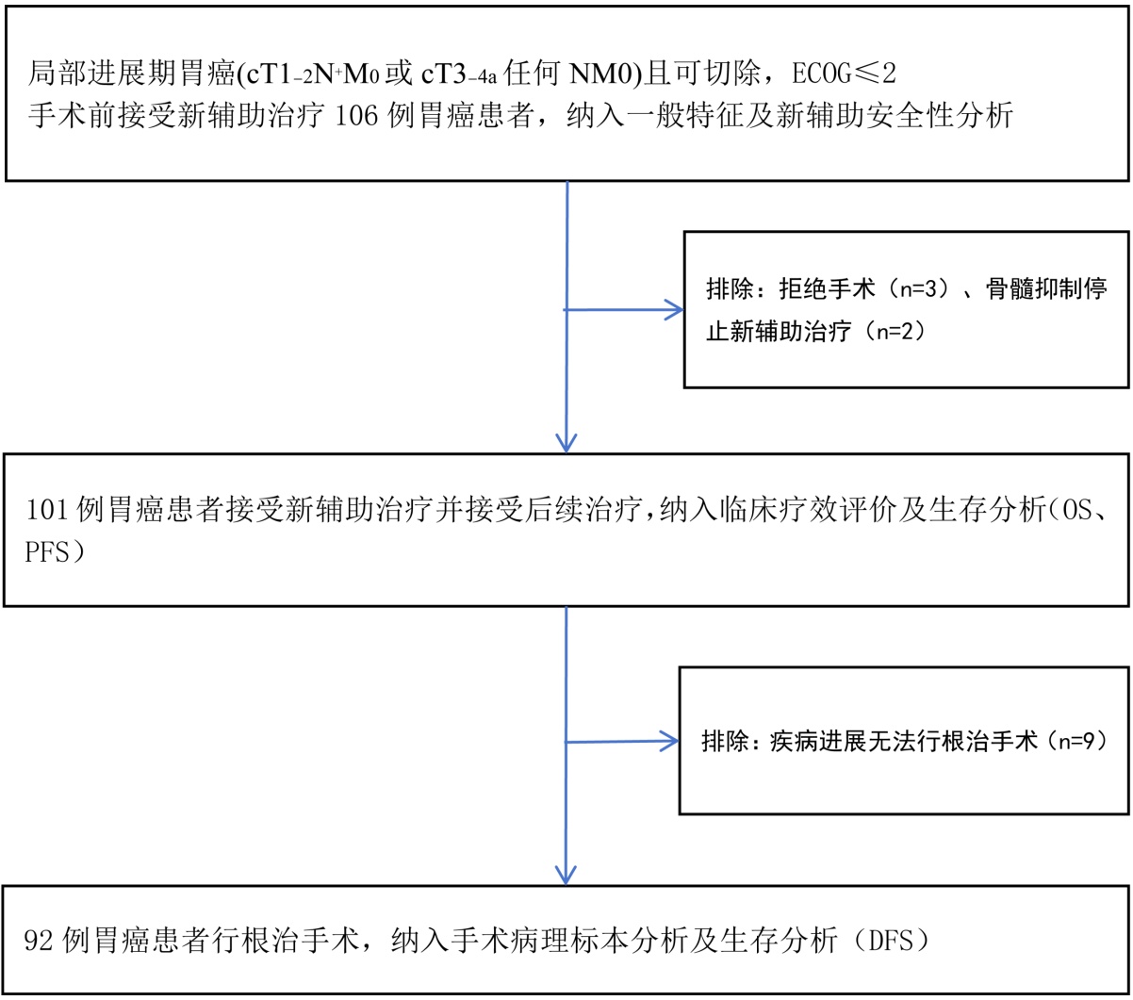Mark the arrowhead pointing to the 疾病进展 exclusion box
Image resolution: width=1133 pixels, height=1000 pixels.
pos(670,741)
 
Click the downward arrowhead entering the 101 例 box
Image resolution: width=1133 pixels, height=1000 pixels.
pos(566,441)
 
